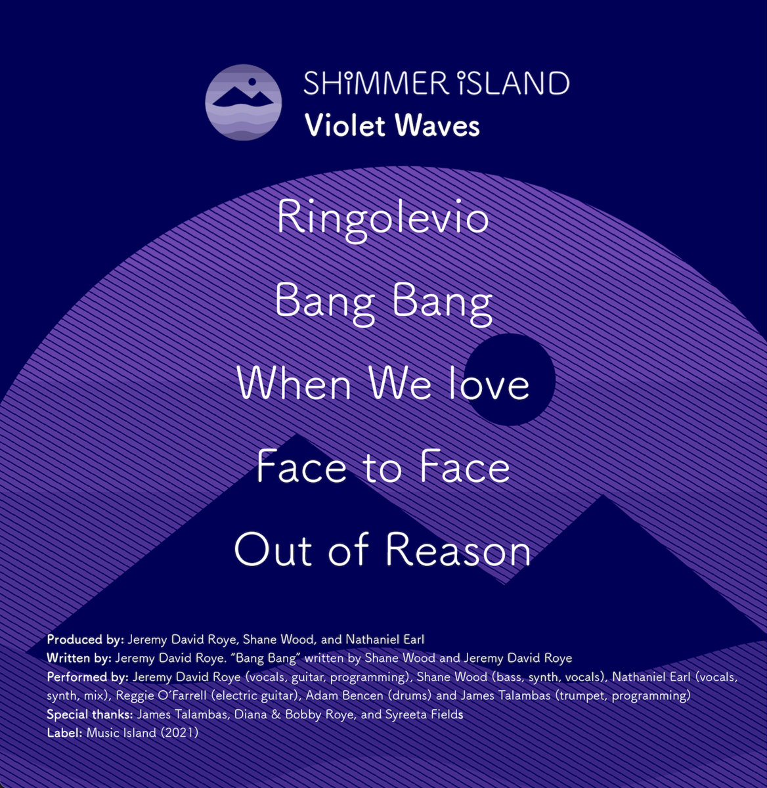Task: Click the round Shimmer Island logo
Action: coord(243,102)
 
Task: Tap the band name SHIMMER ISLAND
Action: coord(436,83)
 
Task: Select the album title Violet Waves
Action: coord(392,125)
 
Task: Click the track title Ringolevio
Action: coord(383,219)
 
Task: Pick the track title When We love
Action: coord(383,383)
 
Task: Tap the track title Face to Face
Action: coord(383,467)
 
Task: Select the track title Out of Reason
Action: coord(383,550)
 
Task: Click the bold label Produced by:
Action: coord(85,639)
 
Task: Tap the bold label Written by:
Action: coord(79,658)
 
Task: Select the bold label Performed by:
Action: coord(88,676)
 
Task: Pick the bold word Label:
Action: coord(64,733)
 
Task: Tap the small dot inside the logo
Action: coord(250,82)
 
